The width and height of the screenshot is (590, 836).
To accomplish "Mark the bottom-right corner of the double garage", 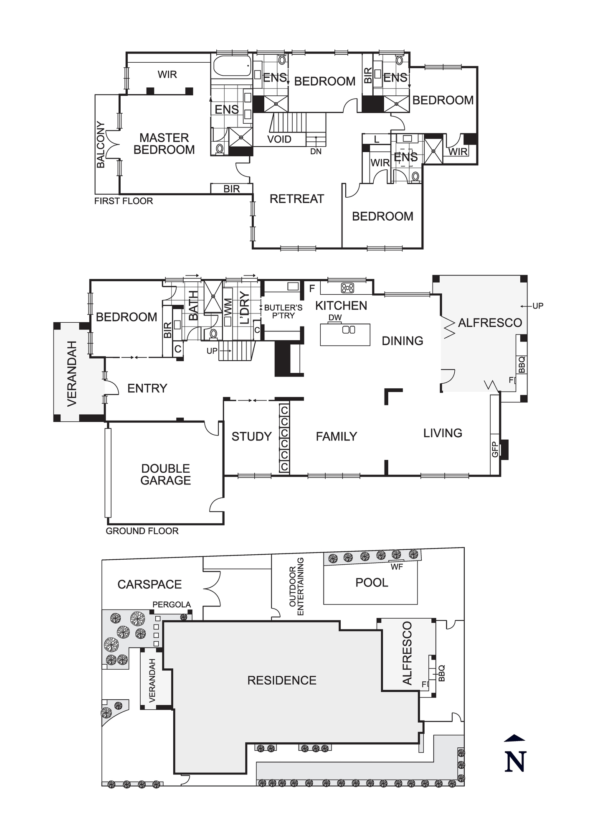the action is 224,524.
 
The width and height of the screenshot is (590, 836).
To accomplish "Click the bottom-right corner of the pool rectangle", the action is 417,604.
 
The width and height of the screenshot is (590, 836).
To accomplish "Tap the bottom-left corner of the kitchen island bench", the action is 321,345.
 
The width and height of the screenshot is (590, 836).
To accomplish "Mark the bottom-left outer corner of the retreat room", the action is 253,249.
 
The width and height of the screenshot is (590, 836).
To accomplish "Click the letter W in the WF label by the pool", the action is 394,567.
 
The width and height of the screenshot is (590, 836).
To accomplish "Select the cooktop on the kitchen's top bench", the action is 347,288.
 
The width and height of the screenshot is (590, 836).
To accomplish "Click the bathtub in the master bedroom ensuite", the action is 232,66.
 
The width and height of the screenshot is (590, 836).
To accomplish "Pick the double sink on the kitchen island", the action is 349,330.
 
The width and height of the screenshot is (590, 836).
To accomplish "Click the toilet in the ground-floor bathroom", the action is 213,334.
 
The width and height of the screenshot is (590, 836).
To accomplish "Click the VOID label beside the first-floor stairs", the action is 279,139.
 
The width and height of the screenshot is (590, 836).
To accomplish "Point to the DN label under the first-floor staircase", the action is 316,152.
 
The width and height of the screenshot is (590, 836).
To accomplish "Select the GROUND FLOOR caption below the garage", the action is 142,531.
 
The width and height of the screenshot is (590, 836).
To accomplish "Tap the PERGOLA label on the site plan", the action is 172,604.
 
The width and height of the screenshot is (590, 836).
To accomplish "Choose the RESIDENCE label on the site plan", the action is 282,681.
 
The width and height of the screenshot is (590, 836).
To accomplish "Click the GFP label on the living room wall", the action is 495,449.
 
